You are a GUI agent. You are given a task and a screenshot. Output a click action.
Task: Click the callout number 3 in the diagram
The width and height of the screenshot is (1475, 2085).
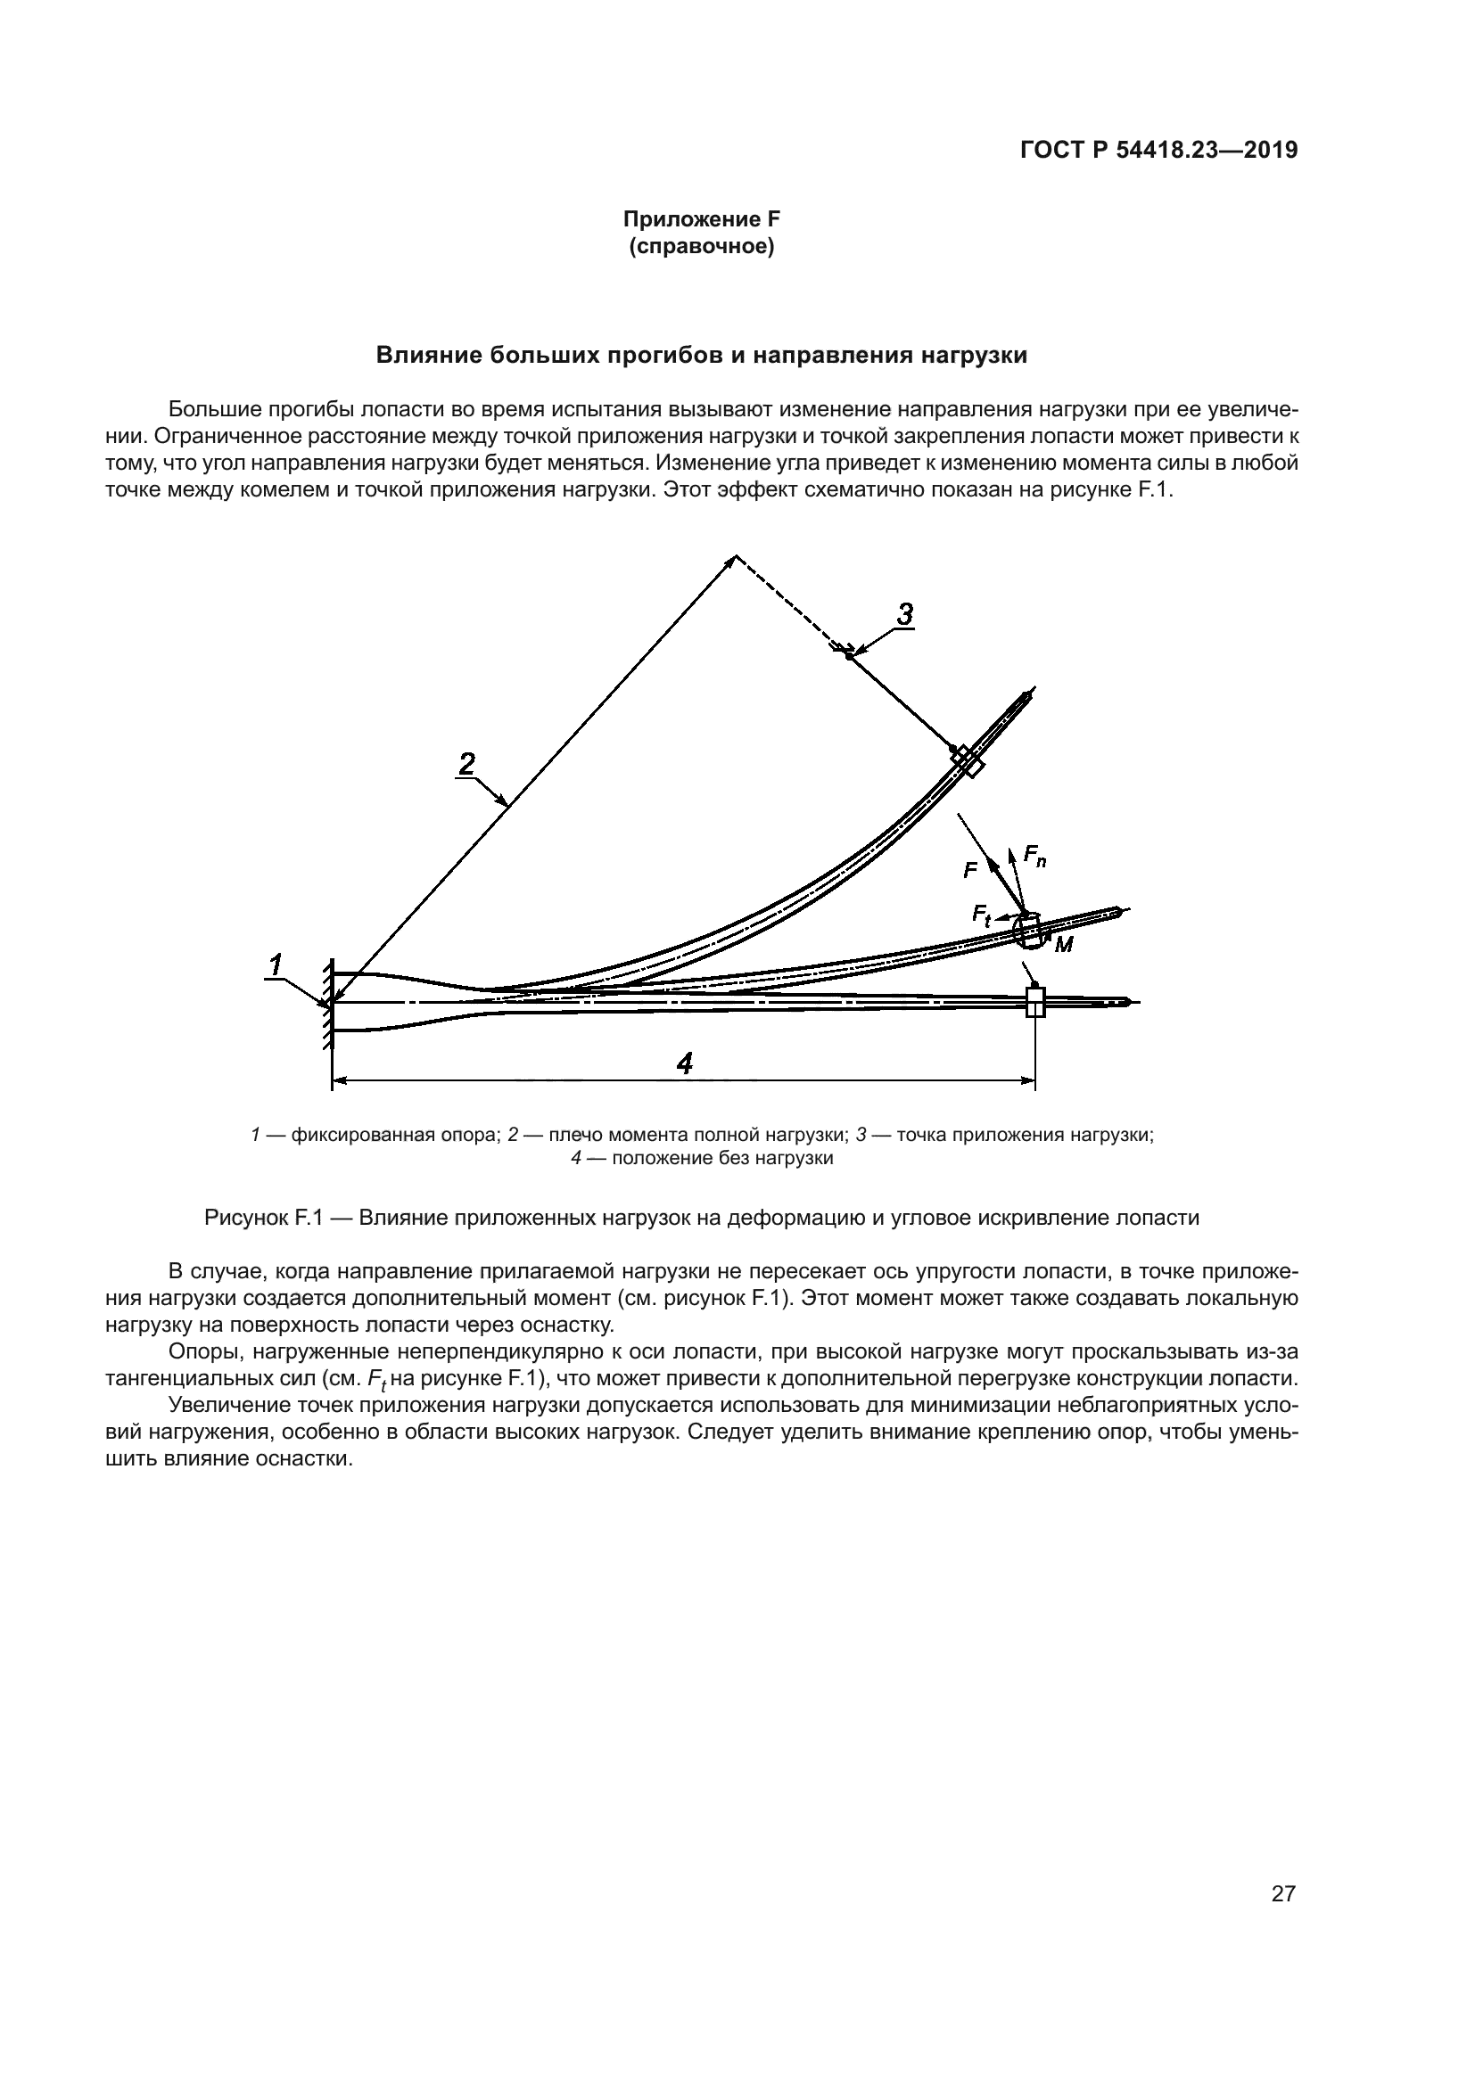pos(904,615)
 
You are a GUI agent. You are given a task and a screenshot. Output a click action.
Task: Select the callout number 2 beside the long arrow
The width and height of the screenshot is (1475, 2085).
pos(466,764)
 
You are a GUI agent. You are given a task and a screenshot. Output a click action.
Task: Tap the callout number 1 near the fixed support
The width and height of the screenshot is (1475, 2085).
pos(276,965)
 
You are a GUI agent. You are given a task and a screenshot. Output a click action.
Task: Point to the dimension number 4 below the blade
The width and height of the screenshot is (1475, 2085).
pos(685,1063)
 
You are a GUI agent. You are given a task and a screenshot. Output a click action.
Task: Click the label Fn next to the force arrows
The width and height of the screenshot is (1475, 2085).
pos(1034,856)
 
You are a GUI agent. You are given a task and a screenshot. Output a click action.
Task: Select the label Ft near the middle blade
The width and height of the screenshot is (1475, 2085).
pos(982,914)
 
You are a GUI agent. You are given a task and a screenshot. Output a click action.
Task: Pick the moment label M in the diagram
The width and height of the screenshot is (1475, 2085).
pos(1064,945)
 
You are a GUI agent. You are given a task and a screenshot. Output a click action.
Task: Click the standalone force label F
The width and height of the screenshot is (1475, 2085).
pos(970,871)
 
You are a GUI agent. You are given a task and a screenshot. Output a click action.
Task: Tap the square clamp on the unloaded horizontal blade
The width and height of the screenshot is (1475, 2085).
pos(1035,1003)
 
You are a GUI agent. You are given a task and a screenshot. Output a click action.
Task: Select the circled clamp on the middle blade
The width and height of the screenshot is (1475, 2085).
pos(1028,932)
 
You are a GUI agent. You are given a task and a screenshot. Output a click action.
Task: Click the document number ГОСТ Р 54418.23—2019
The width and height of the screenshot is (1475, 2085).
pos(1159,151)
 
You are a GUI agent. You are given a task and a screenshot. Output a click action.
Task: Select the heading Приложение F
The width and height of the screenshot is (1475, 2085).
pos(701,219)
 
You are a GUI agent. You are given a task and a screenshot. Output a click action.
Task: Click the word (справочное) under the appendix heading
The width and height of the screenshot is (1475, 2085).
pos(701,246)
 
